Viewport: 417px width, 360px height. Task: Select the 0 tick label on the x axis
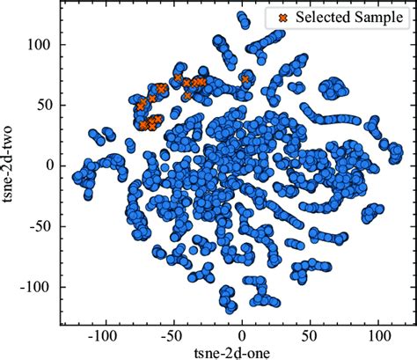pos(243,335)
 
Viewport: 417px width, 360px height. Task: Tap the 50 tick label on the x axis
pos(310,335)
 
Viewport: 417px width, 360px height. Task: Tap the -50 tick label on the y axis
pos(41,225)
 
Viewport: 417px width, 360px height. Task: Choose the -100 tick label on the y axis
pos(38,286)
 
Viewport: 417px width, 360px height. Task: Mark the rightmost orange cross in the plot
pos(246,80)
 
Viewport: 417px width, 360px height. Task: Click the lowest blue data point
pos(230,309)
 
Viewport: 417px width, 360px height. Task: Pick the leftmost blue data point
pos(76,177)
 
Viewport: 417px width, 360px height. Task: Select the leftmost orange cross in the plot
pos(140,107)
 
